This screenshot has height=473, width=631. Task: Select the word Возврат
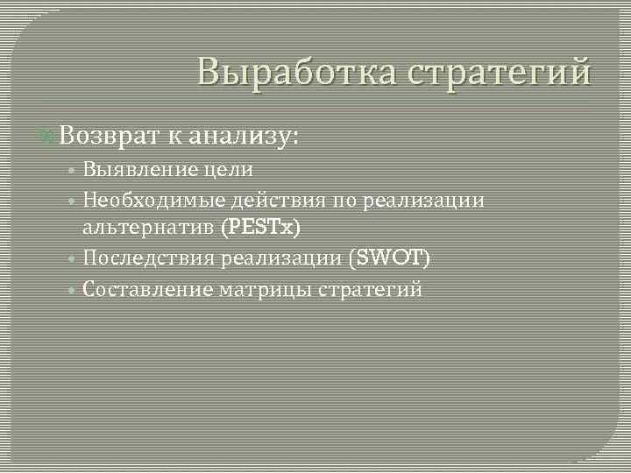pos(109,136)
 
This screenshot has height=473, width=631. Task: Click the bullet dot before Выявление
pos(75,170)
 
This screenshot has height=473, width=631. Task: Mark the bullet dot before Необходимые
pos(75,201)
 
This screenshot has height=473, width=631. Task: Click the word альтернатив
pos(149,228)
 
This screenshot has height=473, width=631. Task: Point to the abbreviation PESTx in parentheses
pos(260,228)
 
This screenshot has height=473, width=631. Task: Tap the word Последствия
pos(152,259)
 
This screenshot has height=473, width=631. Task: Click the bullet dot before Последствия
pos(75,260)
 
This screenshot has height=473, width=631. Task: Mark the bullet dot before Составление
pos(75,290)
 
